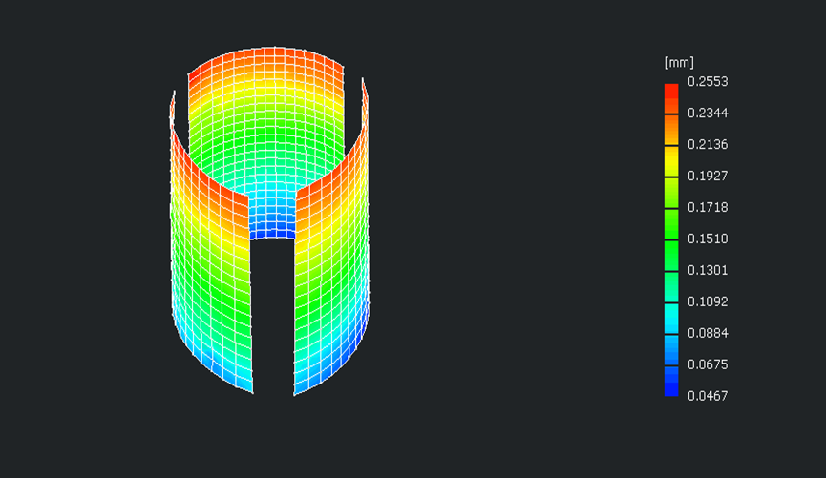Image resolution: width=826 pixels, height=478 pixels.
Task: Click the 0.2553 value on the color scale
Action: [708, 82]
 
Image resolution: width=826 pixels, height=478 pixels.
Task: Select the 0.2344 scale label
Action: [708, 113]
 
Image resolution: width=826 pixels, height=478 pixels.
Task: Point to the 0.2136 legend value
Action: [708, 144]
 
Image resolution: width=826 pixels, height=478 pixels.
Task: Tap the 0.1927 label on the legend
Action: [708, 176]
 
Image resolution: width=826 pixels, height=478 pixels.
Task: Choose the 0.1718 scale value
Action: [708, 207]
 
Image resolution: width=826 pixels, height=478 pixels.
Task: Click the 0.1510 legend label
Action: [708, 239]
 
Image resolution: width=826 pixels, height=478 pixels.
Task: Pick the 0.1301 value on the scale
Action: [708, 270]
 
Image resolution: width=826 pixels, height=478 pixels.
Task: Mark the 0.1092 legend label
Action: [708, 301]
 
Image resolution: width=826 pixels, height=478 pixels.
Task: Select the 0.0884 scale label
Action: [708, 333]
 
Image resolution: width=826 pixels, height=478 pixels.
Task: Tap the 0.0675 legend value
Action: [708, 364]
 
